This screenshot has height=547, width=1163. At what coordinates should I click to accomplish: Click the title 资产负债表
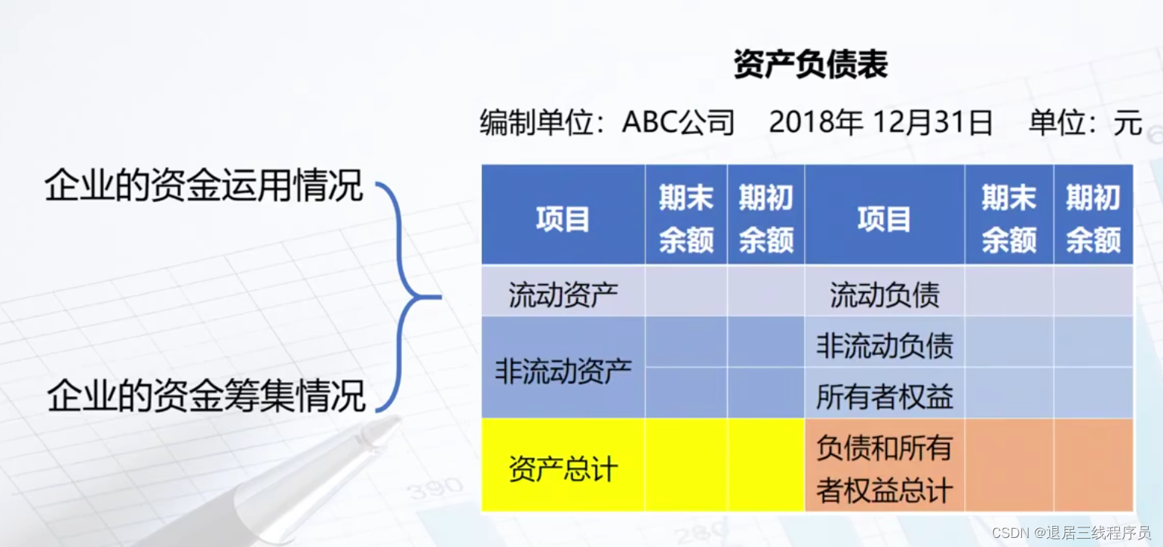[x=810, y=66]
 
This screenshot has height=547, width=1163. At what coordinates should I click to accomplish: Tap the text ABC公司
[x=678, y=122]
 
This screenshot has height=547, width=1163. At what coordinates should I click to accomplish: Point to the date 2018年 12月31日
[x=880, y=122]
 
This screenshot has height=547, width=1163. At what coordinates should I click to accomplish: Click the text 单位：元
[x=1085, y=122]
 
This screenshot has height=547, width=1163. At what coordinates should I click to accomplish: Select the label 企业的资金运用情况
[x=204, y=185]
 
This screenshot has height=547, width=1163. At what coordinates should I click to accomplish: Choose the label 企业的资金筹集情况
[x=206, y=396]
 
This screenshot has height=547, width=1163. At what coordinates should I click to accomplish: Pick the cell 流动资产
[x=563, y=295]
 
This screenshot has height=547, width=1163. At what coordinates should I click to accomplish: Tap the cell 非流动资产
[x=563, y=371]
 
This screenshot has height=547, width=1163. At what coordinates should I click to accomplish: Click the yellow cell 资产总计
[x=563, y=469]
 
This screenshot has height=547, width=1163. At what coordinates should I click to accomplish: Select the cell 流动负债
[x=884, y=295]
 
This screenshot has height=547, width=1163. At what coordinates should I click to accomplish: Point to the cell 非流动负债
[x=884, y=345]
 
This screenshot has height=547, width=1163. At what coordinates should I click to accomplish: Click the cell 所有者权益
[x=884, y=396]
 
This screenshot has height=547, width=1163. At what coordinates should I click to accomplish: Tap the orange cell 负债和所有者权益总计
[x=884, y=469]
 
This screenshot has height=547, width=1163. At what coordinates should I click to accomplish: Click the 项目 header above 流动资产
[x=563, y=219]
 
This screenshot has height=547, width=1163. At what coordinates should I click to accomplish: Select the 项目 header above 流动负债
[x=884, y=219]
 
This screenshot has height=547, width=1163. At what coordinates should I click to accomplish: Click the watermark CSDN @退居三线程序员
[x=1071, y=533]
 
